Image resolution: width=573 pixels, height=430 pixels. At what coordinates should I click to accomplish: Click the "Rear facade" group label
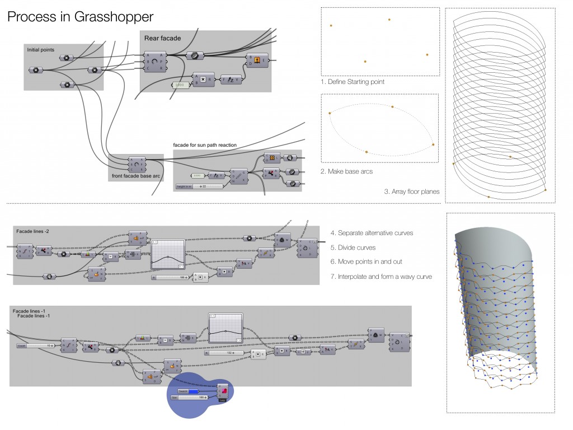[162, 38]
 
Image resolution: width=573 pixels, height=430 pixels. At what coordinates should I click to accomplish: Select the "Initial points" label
[41, 50]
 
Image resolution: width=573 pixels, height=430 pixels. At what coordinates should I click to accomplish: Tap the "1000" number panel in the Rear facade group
[179, 85]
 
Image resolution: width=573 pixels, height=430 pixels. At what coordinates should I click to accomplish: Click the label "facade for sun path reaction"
[205, 145]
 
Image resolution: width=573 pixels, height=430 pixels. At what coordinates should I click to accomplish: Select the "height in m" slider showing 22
[199, 186]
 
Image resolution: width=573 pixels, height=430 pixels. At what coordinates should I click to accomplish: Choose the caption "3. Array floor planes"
[411, 191]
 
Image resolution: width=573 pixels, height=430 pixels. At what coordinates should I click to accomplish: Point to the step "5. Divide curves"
[353, 247]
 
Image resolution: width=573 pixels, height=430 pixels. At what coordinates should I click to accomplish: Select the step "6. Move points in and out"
[366, 261]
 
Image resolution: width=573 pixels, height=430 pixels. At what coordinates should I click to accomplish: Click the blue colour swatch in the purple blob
[193, 391]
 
